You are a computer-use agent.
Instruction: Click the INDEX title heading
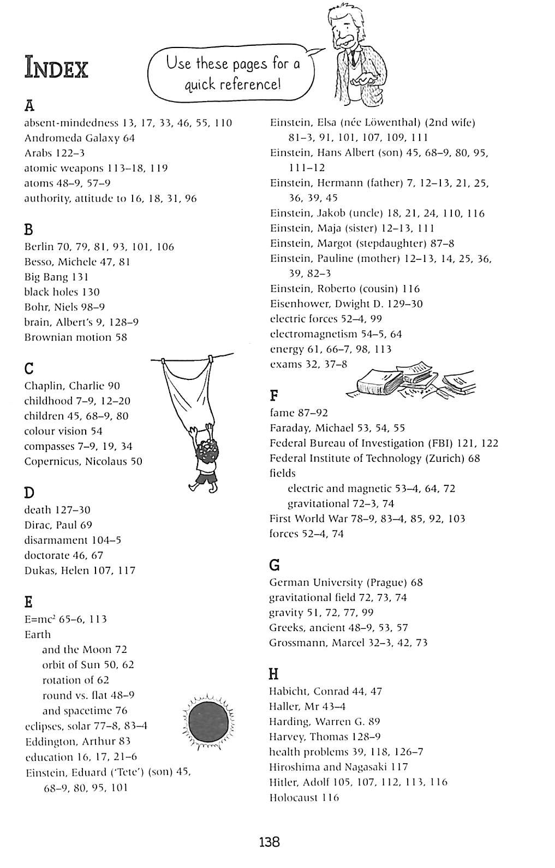pyautogui.click(x=56, y=69)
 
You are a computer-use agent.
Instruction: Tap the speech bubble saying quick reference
pyautogui.click(x=232, y=74)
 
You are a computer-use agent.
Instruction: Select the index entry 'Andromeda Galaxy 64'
pyautogui.click(x=80, y=138)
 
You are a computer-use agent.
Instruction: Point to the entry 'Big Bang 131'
pyautogui.click(x=56, y=277)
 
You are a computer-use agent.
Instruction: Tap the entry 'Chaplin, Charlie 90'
pyautogui.click(x=72, y=386)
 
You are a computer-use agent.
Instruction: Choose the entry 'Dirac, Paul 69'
pyautogui.click(x=58, y=525)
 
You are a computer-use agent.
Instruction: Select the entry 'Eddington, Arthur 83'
pyautogui.click(x=78, y=741)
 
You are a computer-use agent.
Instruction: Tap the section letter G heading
pyautogui.click(x=274, y=564)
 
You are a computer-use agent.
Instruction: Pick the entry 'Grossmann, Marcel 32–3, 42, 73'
pyautogui.click(x=348, y=643)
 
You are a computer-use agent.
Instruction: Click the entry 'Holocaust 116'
pyautogui.click(x=304, y=798)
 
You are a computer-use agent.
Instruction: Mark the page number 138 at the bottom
pyautogui.click(x=270, y=842)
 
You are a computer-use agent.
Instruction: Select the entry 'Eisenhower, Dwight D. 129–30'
pyautogui.click(x=346, y=304)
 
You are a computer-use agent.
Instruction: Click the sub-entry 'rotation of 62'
pyautogui.click(x=75, y=680)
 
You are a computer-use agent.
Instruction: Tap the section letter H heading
pyautogui.click(x=274, y=674)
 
